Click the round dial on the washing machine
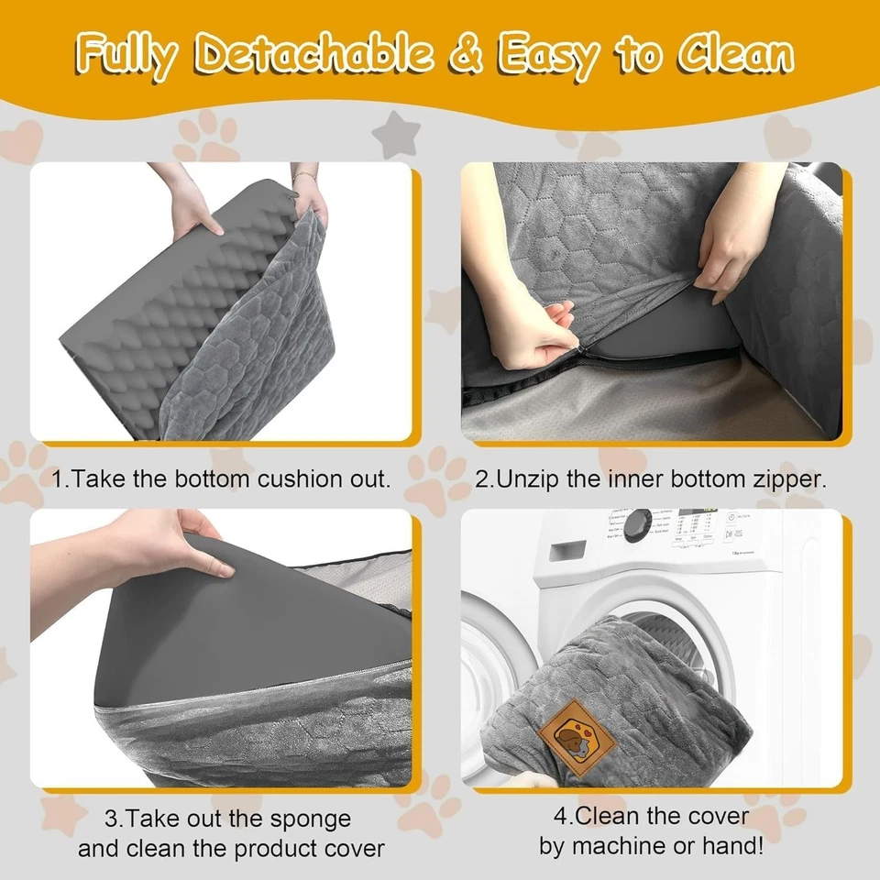point(639,524)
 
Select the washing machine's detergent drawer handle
point(567,549)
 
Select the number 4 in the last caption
point(559,816)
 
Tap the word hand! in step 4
point(733,845)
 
